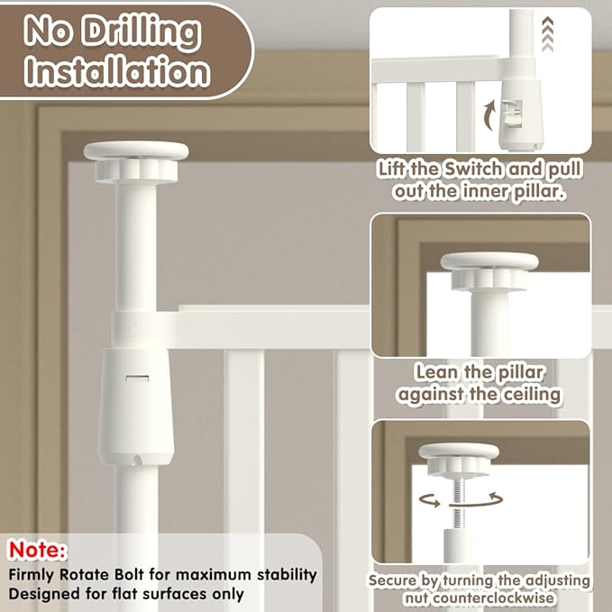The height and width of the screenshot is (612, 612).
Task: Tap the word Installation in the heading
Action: (117, 71)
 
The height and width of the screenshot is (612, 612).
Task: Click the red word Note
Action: (38, 550)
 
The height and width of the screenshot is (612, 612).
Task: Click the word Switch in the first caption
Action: (473, 169)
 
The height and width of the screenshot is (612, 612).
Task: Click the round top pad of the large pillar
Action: (136, 151)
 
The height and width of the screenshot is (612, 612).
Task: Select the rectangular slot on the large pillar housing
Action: (137, 379)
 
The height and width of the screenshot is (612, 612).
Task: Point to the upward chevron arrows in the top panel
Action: (548, 33)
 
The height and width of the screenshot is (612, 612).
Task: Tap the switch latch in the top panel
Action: (512, 113)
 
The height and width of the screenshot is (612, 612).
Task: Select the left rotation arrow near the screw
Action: (429, 500)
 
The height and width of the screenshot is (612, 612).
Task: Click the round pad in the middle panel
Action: (489, 261)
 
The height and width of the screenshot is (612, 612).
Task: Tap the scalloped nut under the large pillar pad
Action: (136, 171)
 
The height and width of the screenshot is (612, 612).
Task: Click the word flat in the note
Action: (125, 594)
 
